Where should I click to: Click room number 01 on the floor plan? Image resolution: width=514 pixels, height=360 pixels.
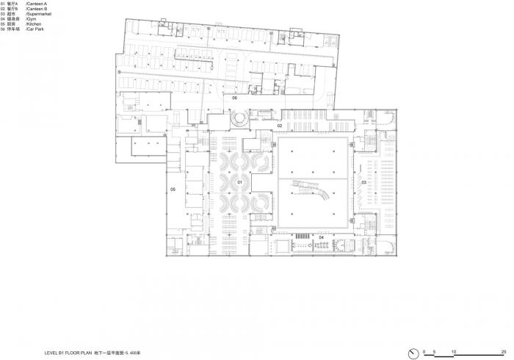(239, 181)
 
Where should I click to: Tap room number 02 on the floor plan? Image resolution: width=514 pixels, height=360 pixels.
(280, 126)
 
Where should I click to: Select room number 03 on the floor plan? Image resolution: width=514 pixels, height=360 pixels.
(363, 181)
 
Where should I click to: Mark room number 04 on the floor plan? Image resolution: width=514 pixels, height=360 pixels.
(321, 238)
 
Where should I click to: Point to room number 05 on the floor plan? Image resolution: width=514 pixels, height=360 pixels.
(173, 190)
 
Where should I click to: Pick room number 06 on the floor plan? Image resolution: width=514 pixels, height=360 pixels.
(235, 98)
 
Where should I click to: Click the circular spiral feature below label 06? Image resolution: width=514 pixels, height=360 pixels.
(239, 118)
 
